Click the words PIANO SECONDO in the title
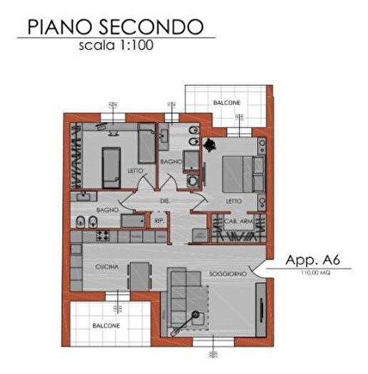(x=115, y=26)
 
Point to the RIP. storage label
(x=160, y=222)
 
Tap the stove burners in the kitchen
(x=101, y=235)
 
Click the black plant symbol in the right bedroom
(x=209, y=145)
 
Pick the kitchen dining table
(x=140, y=276)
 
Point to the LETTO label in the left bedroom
(x=135, y=172)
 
